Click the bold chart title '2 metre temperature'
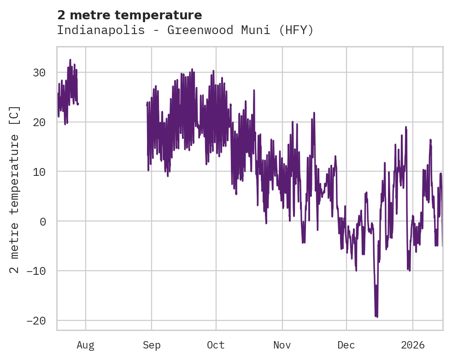pyautogui.click(x=129, y=15)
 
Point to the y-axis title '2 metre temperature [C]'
pyautogui.click(x=15, y=189)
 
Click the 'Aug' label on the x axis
pyautogui.click(x=85, y=345)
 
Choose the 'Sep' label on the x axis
pyautogui.click(x=152, y=345)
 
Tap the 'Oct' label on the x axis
pyautogui.click(x=216, y=345)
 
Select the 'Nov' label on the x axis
pyautogui.click(x=282, y=345)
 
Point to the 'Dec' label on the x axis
pyautogui.click(x=346, y=345)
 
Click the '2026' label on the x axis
pyautogui.click(x=412, y=345)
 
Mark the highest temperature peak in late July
pyautogui.click(x=70, y=59)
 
